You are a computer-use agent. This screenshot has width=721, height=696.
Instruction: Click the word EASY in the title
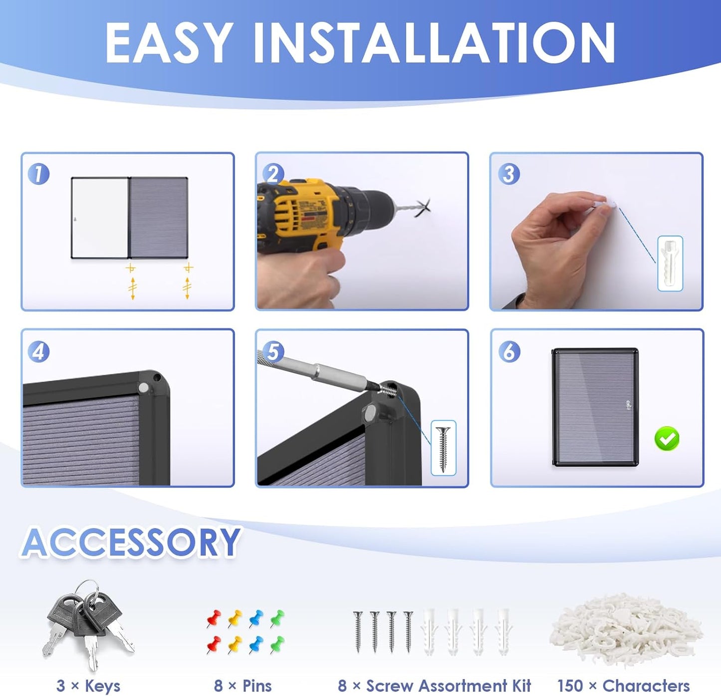point(169,43)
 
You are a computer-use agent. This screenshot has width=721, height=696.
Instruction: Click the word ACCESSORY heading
point(130,542)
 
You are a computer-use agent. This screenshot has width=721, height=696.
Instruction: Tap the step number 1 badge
point(39,174)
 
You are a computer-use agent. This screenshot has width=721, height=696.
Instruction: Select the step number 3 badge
point(509,174)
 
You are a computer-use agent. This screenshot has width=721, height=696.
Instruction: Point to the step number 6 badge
point(509,352)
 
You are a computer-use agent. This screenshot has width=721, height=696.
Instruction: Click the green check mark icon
point(667,439)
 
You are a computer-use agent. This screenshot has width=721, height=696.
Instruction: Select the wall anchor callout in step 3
point(670,263)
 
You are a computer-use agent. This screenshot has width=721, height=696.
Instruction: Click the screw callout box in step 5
point(444,448)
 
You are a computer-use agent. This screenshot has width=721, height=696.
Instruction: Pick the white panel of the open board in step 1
point(100,218)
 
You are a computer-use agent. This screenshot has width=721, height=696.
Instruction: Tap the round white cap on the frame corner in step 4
point(143,388)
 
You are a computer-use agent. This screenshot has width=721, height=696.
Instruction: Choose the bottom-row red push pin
point(214,644)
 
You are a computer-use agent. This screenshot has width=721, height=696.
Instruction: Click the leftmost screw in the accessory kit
point(358,632)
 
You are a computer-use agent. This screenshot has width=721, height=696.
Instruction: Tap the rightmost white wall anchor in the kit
point(504,632)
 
